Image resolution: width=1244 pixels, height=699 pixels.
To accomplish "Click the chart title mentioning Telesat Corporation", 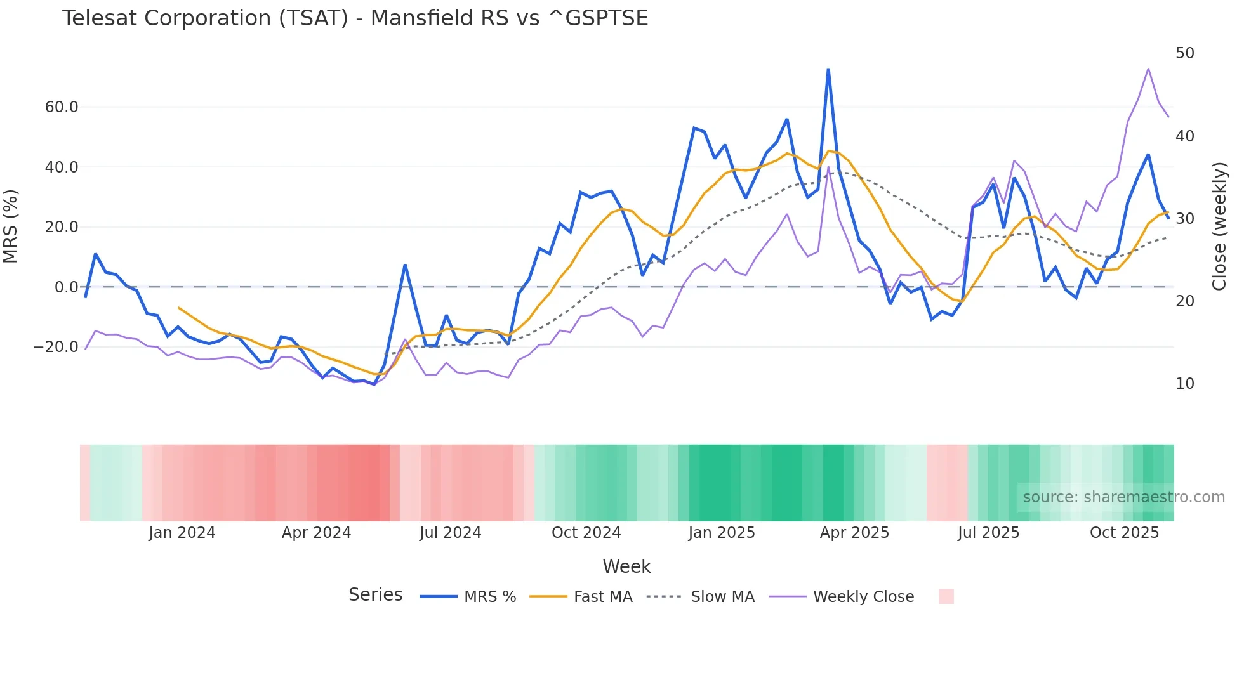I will coord(355,18).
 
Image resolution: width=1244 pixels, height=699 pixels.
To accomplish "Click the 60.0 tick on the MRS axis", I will coord(62,107).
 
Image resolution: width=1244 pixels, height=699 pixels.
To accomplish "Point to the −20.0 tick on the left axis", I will coord(56,347).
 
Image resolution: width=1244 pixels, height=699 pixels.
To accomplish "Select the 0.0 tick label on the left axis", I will coord(66,287).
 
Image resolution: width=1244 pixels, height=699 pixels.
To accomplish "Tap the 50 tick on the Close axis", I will coord(1184,53).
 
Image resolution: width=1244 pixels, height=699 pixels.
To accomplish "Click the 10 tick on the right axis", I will coord(1184,384).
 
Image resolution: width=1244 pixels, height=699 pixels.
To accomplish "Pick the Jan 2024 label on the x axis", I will coord(182,533).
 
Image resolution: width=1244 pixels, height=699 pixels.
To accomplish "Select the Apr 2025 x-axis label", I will coord(854,533).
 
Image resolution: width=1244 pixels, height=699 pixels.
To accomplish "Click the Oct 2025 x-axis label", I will coord(1124,533).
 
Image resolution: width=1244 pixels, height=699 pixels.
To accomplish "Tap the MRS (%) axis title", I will coord(11,226).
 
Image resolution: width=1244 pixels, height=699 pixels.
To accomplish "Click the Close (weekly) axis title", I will coord(1219,226).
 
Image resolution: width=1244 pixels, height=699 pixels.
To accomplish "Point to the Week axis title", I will coord(626,566).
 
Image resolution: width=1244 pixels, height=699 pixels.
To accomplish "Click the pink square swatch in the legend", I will coord(946,596).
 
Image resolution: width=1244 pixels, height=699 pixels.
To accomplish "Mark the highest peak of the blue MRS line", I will coord(828,69).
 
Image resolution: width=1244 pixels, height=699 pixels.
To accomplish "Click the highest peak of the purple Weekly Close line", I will coord(1148,69).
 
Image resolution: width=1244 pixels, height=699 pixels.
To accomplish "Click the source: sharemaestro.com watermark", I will coord(1123,497).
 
